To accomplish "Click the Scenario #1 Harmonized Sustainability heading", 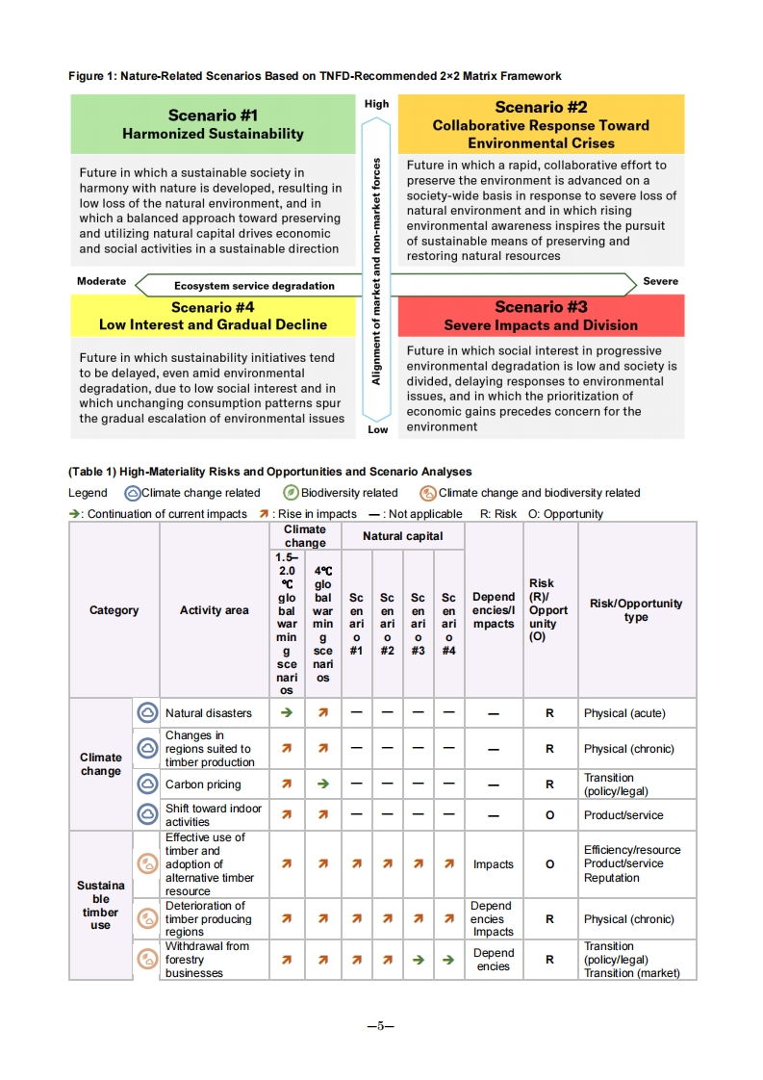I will coord(213,124).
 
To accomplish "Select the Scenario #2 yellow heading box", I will coord(541,125).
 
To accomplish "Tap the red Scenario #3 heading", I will coord(541,316).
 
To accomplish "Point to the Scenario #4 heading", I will coord(213,316).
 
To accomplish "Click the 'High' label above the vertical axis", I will coord(377,104).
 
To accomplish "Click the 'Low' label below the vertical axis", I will coord(378,429).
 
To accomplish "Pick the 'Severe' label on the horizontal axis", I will coord(660,281).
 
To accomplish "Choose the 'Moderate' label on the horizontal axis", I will coord(102,281).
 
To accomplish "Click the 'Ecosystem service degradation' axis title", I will coord(254,286).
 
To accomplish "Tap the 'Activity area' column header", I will coord(214,610).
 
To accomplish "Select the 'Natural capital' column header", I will coord(402,536).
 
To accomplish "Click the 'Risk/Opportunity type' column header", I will coord(636,610).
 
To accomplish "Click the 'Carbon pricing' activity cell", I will coord(203,784).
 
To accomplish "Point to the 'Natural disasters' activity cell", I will coord(208,713).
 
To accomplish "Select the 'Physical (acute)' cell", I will coord(624,713).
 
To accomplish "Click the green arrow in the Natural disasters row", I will coord(287,713).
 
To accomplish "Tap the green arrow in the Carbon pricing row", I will coord(323,784).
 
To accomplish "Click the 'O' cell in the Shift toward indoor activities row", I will coord(549,815).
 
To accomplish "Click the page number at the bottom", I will coord(381,1026).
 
